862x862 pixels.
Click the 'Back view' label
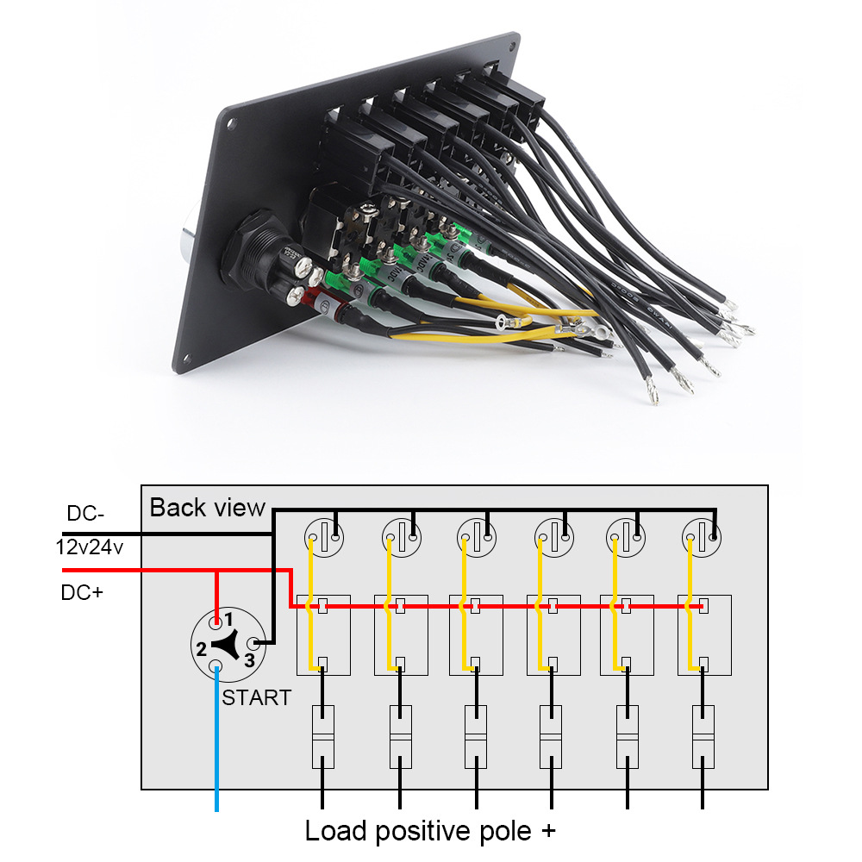pos(207,507)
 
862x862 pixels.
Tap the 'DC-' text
pos(85,515)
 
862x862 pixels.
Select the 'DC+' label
pos(82,592)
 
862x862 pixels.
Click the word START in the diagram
pos(257,697)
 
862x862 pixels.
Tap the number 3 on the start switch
pos(248,660)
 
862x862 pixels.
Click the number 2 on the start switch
pos(201,649)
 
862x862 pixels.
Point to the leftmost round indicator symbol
pos(324,540)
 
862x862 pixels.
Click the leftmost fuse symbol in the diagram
pos(322,737)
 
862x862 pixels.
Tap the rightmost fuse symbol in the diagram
pos(703,737)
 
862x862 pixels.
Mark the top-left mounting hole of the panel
pos(231,124)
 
